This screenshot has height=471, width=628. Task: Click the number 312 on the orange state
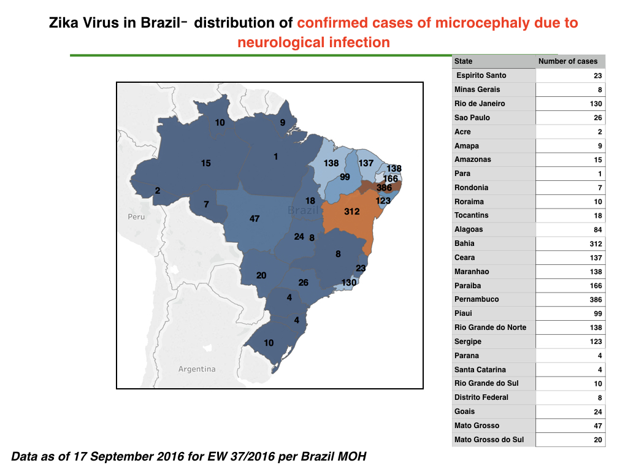pyautogui.click(x=351, y=212)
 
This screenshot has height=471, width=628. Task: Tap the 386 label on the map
pyautogui.click(x=384, y=188)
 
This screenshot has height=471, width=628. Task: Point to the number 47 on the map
pyautogui.click(x=255, y=219)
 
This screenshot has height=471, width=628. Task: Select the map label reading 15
pyautogui.click(x=206, y=163)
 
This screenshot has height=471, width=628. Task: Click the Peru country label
pyautogui.click(x=136, y=216)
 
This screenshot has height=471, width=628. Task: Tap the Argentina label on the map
pyautogui.click(x=197, y=369)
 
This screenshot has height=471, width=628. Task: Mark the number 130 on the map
pyautogui.click(x=349, y=283)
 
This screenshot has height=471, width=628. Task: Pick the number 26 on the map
pyautogui.click(x=303, y=283)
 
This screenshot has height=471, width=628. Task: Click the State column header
pyautogui.click(x=463, y=61)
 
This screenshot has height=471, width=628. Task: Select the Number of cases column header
pyautogui.click(x=567, y=61)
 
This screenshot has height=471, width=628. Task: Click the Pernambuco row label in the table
pyautogui.click(x=477, y=299)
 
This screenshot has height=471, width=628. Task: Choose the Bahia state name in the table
pyautogui.click(x=464, y=243)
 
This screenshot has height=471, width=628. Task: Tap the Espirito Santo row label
pyautogui.click(x=481, y=75)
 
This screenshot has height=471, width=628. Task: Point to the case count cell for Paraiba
pyautogui.click(x=595, y=286)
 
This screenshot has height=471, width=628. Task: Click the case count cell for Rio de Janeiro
pyautogui.click(x=595, y=104)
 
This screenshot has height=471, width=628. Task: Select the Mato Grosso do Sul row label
pyautogui.click(x=489, y=440)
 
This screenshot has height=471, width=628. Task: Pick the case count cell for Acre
pyautogui.click(x=600, y=132)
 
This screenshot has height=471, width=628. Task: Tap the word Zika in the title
pyautogui.click(x=64, y=23)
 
